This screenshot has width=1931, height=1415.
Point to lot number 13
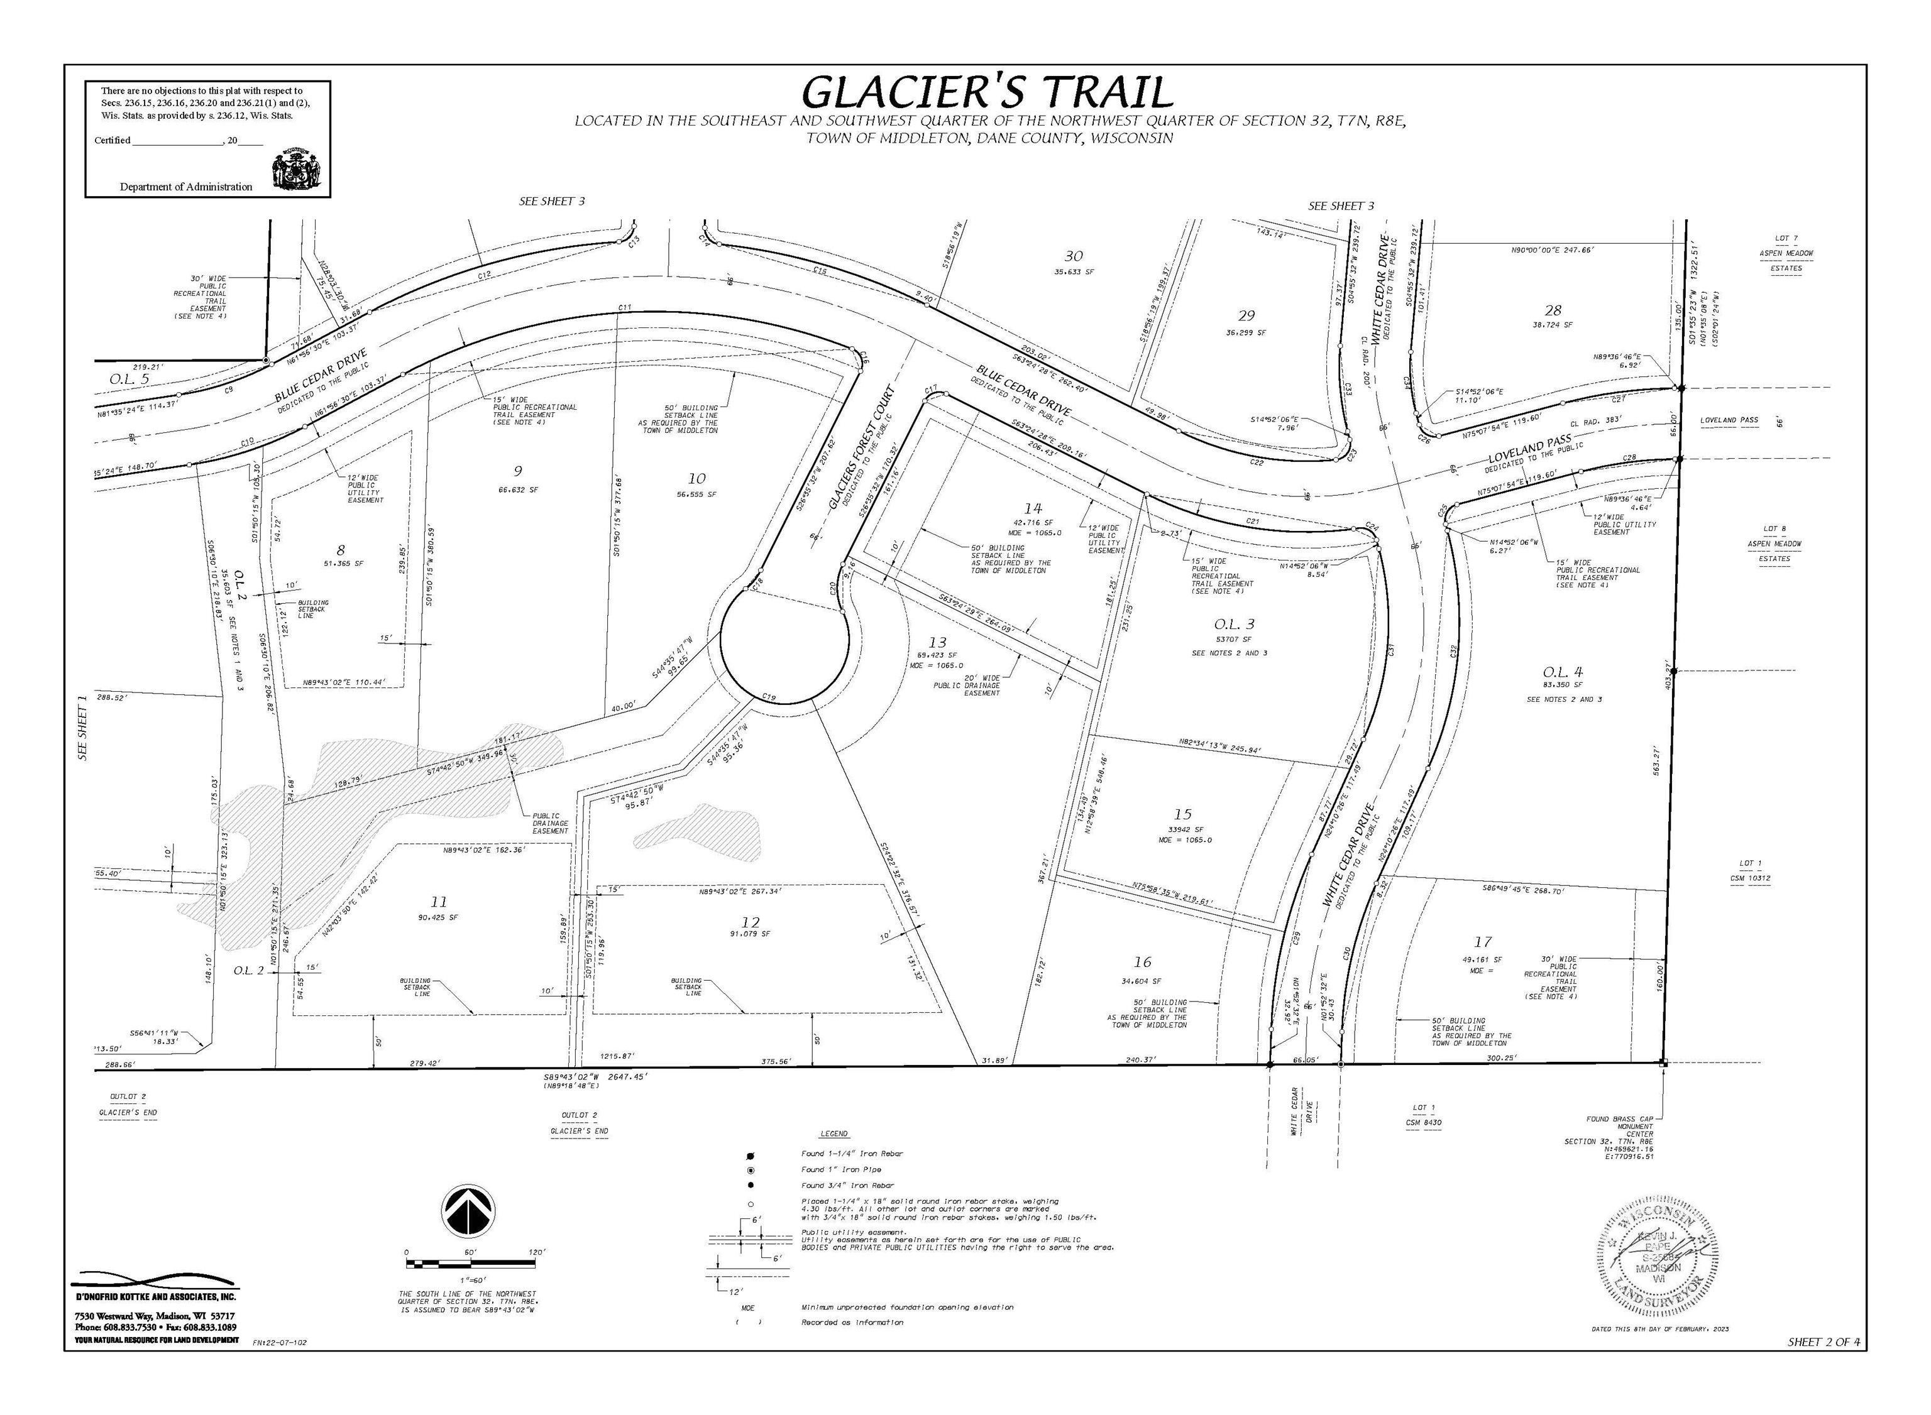click(938, 642)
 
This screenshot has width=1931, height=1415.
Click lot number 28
click(1553, 310)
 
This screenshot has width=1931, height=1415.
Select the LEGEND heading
click(833, 1134)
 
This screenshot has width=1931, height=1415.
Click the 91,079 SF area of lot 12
click(753, 934)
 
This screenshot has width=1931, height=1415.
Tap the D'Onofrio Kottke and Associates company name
click(155, 1298)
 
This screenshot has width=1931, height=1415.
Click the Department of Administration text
click(186, 187)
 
